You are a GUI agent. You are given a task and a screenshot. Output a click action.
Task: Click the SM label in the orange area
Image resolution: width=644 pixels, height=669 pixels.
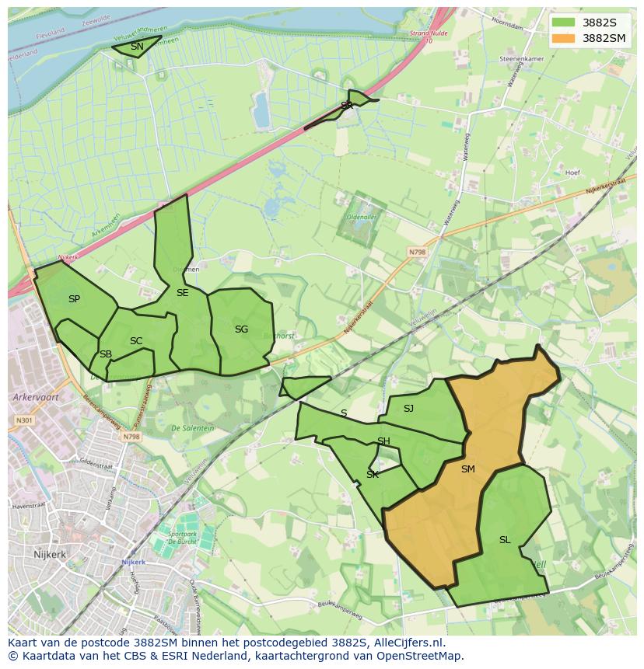coord(467,469)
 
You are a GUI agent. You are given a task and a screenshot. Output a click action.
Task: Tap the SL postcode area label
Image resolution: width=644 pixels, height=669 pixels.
coord(505,540)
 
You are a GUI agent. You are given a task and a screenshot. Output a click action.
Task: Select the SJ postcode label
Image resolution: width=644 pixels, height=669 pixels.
coord(408,409)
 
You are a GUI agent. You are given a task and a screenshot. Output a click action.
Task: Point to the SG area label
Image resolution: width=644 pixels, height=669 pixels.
coord(241,329)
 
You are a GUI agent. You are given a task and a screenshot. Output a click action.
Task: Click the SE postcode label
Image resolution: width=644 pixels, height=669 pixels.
coord(182,293)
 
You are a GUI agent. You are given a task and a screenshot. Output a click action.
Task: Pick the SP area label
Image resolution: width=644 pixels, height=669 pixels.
coord(74,299)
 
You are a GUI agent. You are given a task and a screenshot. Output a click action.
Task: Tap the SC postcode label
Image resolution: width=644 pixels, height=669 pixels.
coord(136,341)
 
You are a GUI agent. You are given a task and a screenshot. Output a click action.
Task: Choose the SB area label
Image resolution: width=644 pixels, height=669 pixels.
coord(106,354)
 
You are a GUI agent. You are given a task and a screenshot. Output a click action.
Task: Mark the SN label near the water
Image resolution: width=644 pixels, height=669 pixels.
coord(137,47)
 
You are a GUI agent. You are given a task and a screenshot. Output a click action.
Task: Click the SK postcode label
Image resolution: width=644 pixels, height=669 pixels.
coord(373,475)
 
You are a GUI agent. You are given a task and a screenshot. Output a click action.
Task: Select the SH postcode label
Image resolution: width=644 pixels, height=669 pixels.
coord(383,442)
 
